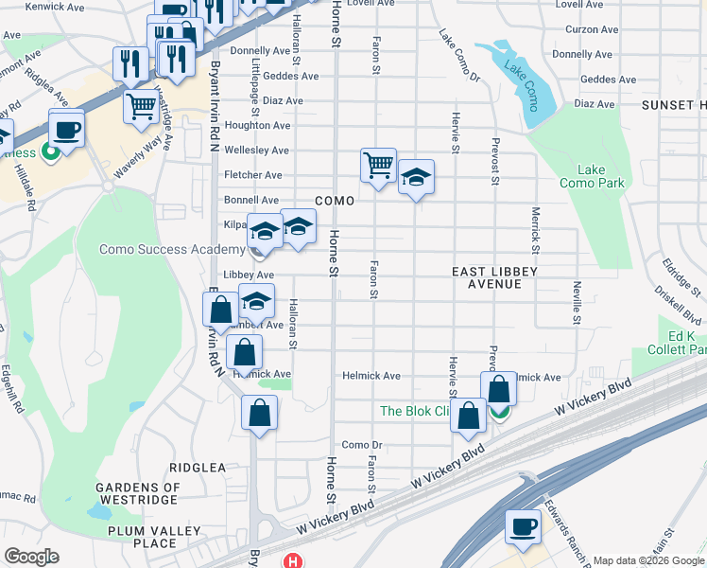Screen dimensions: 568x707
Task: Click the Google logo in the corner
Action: tap(30, 557)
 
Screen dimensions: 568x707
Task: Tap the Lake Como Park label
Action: tap(592, 176)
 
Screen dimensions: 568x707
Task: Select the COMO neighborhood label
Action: tap(335, 201)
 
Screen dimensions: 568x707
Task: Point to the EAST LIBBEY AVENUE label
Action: tap(494, 277)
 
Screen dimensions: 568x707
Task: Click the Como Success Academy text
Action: tap(172, 250)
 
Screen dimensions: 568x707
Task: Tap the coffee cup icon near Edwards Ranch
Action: tap(523, 526)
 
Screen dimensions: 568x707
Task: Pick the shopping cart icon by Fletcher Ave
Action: tap(378, 165)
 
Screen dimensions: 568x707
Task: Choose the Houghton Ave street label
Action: tap(256, 125)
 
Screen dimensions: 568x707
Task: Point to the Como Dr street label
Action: tap(361, 445)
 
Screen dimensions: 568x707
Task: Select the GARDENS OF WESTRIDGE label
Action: tap(136, 493)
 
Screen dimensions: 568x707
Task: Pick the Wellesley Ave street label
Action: tap(255, 151)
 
